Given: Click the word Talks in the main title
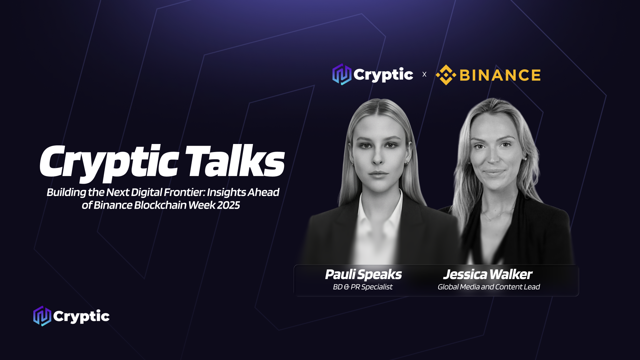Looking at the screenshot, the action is tap(235, 161).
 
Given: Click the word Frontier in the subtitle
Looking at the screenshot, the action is tap(184, 192).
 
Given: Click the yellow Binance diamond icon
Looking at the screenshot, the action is tap(446, 75).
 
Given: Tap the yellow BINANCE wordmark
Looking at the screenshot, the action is tap(500, 75).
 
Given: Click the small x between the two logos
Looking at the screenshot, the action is tap(424, 74).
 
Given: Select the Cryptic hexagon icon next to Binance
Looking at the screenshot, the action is tap(342, 74).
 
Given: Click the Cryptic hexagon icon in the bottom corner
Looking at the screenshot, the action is tap(42, 316).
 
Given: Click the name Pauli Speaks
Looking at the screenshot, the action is tap(363, 275).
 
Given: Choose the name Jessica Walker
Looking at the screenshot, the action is tap(488, 274).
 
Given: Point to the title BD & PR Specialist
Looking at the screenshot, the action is tap(363, 287).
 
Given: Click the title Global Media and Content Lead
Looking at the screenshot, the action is tap(489, 287).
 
